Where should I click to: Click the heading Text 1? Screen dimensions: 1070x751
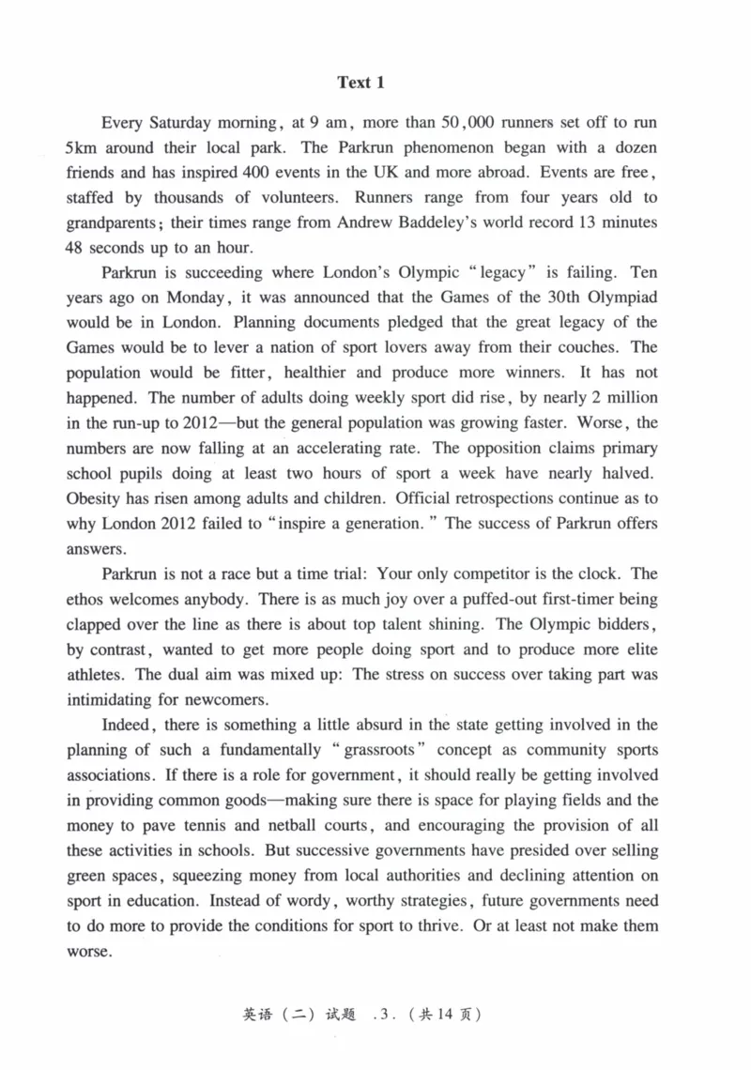(x=361, y=83)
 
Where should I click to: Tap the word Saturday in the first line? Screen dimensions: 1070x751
(x=179, y=123)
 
